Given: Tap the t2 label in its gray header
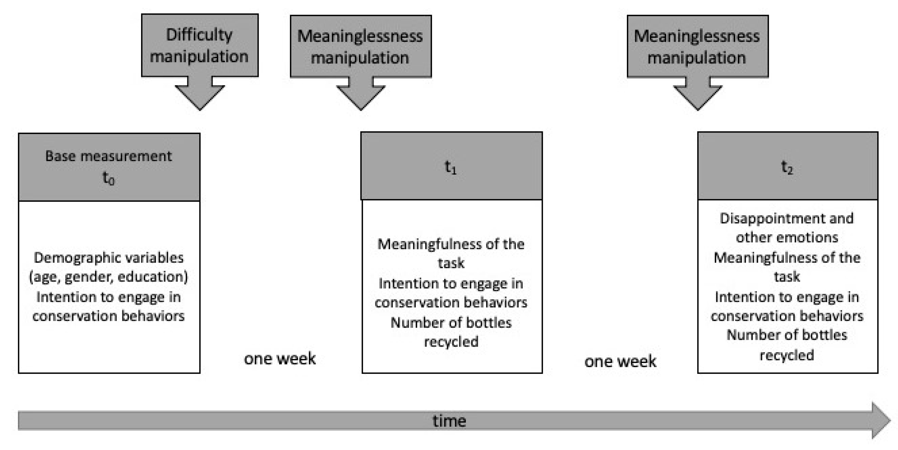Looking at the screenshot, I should click(787, 167).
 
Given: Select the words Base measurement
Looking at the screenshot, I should click(108, 156).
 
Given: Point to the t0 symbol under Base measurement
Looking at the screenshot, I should click(108, 178).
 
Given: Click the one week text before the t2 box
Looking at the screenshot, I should click(620, 361).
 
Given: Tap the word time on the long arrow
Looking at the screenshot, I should click(449, 421).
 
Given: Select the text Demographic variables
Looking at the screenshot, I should click(108, 258).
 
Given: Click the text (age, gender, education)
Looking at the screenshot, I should click(108, 277).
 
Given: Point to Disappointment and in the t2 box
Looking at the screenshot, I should click(787, 218).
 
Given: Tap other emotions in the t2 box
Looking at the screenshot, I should click(787, 237).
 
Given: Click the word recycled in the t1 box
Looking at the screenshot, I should click(451, 342).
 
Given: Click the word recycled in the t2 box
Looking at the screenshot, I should click(787, 355).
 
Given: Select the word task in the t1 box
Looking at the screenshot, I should click(451, 263).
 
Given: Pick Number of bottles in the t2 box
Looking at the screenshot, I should click(787, 335).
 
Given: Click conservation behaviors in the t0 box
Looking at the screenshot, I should click(108, 316).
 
